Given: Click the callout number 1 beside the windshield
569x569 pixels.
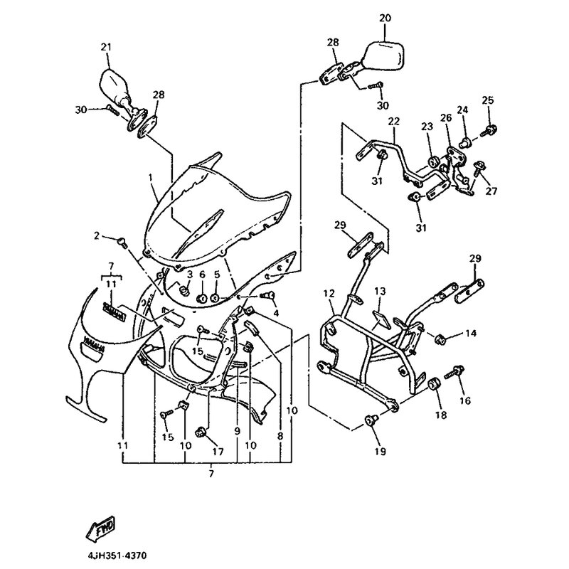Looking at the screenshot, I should point(151,176).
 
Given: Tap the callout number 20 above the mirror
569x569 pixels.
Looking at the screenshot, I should point(385,16).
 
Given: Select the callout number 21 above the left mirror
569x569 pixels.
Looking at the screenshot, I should point(106,47).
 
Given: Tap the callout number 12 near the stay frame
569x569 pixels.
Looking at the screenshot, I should point(329,293).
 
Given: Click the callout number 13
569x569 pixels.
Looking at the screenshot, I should point(380,292).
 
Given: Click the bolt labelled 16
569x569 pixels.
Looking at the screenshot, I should point(452,374).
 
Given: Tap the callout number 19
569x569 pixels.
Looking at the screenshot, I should point(377,451).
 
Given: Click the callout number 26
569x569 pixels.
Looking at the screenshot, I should point(446,118).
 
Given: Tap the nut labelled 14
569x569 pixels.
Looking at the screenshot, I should point(439,337).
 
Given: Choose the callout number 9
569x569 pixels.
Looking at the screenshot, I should point(237,430).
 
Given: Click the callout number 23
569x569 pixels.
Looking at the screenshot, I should point(427,125).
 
